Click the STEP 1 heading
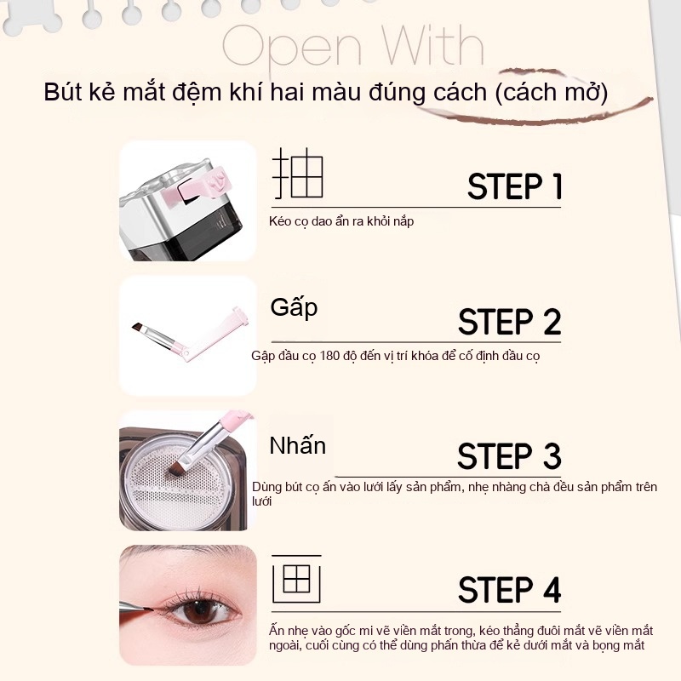(515, 186)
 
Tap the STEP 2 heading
(509, 322)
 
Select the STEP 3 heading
(509, 456)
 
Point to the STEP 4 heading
(509, 590)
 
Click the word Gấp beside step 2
(294, 308)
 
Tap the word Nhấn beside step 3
(297, 445)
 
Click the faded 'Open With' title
(352, 47)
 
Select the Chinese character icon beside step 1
(298, 174)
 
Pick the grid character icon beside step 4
(296, 579)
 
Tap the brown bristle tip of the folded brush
(139, 327)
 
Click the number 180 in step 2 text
(329, 356)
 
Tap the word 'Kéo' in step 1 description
(278, 221)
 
